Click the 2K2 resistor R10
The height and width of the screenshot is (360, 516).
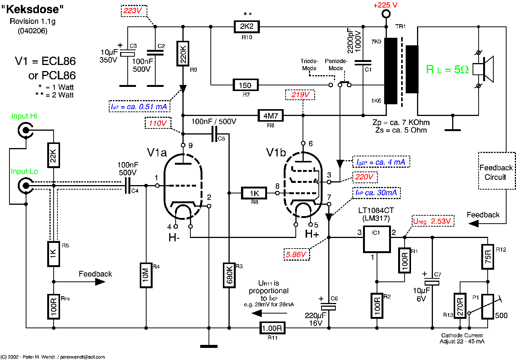247,26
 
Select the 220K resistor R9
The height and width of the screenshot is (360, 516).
183,53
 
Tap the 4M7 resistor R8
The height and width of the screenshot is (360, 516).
270,116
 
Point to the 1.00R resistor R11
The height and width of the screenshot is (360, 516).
272,328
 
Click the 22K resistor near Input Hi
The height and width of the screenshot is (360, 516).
54,155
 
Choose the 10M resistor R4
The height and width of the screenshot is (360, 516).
146,275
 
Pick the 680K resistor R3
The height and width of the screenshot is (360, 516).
229,275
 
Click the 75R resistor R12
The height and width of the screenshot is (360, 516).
488,257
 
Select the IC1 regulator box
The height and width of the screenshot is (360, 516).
377,239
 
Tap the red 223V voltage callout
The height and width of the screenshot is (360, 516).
133,11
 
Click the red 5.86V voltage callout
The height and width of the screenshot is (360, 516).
297,255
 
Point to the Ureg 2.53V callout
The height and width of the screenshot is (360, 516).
432,221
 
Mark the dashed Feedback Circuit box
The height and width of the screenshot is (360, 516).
496,171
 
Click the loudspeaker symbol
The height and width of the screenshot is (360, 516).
484,70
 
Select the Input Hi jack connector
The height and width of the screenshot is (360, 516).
25,131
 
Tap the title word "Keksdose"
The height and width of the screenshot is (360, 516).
32,9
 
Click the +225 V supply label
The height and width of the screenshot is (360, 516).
385,5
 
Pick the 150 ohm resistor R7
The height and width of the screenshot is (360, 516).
246,85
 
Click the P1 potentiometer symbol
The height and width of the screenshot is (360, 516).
488,307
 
